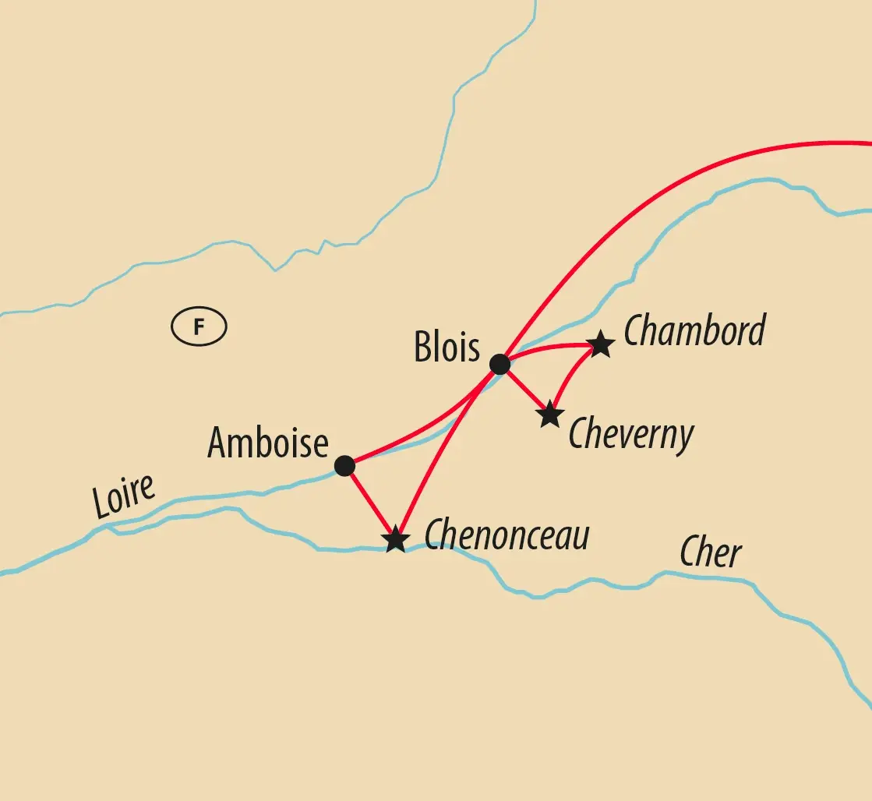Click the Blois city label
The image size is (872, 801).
click(x=447, y=348)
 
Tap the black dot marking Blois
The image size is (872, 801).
click(x=500, y=364)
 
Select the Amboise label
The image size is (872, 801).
click(x=267, y=443)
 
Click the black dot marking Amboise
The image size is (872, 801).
click(x=344, y=466)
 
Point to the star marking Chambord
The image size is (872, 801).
click(x=600, y=344)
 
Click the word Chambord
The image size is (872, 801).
click(x=694, y=331)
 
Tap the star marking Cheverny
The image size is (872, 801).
click(x=550, y=415)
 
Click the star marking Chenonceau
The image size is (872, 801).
click(x=396, y=539)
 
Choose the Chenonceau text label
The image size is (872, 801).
click(x=507, y=535)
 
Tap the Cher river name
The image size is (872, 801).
click(x=711, y=554)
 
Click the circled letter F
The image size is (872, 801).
click(x=199, y=327)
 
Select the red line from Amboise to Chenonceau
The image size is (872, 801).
click(x=369, y=502)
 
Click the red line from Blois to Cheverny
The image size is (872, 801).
click(x=525, y=390)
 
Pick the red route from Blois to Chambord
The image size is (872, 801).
click(x=549, y=348)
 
